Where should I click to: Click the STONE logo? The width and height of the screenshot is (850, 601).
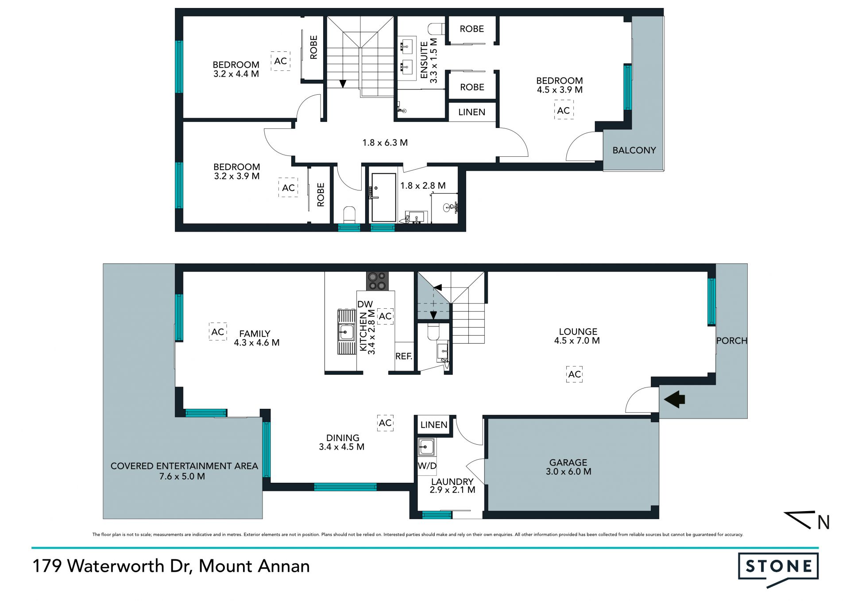778,569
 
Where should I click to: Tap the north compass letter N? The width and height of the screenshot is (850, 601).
823,523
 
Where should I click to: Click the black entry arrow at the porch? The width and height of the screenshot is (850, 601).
674,399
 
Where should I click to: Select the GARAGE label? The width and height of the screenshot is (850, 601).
568,462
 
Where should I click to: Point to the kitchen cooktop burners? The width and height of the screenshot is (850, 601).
377,281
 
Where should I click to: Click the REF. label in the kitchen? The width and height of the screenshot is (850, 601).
404,356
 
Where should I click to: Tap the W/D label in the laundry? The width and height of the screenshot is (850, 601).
427,466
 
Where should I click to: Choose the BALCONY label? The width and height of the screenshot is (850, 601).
634,150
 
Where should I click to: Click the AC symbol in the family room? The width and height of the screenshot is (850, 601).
218,332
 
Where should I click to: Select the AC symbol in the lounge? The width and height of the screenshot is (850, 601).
575,374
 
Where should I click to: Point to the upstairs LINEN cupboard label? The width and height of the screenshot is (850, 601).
471,112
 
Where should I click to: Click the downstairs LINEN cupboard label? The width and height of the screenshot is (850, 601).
434,425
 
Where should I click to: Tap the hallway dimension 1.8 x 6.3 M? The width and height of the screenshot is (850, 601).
385,143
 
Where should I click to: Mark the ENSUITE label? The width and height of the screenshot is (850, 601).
424,60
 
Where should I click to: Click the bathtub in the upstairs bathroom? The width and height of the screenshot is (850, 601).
384,198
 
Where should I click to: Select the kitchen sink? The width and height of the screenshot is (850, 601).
346,332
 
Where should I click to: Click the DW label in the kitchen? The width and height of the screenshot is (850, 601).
365,304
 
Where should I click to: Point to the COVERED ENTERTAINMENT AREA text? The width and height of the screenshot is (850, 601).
184,466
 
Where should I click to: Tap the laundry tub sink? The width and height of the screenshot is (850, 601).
427,447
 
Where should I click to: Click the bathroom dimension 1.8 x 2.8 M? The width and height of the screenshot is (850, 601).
423,186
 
